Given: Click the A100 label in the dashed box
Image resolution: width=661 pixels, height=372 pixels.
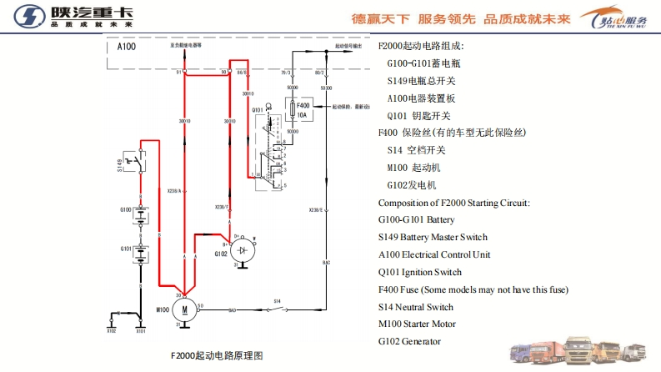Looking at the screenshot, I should coord(127,48).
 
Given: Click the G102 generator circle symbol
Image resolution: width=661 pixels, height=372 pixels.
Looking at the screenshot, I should coord(242,249).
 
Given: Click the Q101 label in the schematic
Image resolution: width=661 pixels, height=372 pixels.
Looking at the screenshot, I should coord(257,109).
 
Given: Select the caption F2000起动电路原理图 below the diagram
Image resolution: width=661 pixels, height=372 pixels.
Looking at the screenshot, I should coord(216,356).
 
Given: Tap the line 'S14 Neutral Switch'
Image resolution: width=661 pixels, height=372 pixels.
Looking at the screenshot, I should coord(427,306).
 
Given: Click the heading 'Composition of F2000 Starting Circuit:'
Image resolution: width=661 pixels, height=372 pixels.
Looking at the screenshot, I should coord(453,203).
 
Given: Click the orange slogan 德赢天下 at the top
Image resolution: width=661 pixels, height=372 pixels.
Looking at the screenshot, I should coord(379,18).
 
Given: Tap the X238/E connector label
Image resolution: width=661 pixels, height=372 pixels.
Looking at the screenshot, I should coord(316,210).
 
